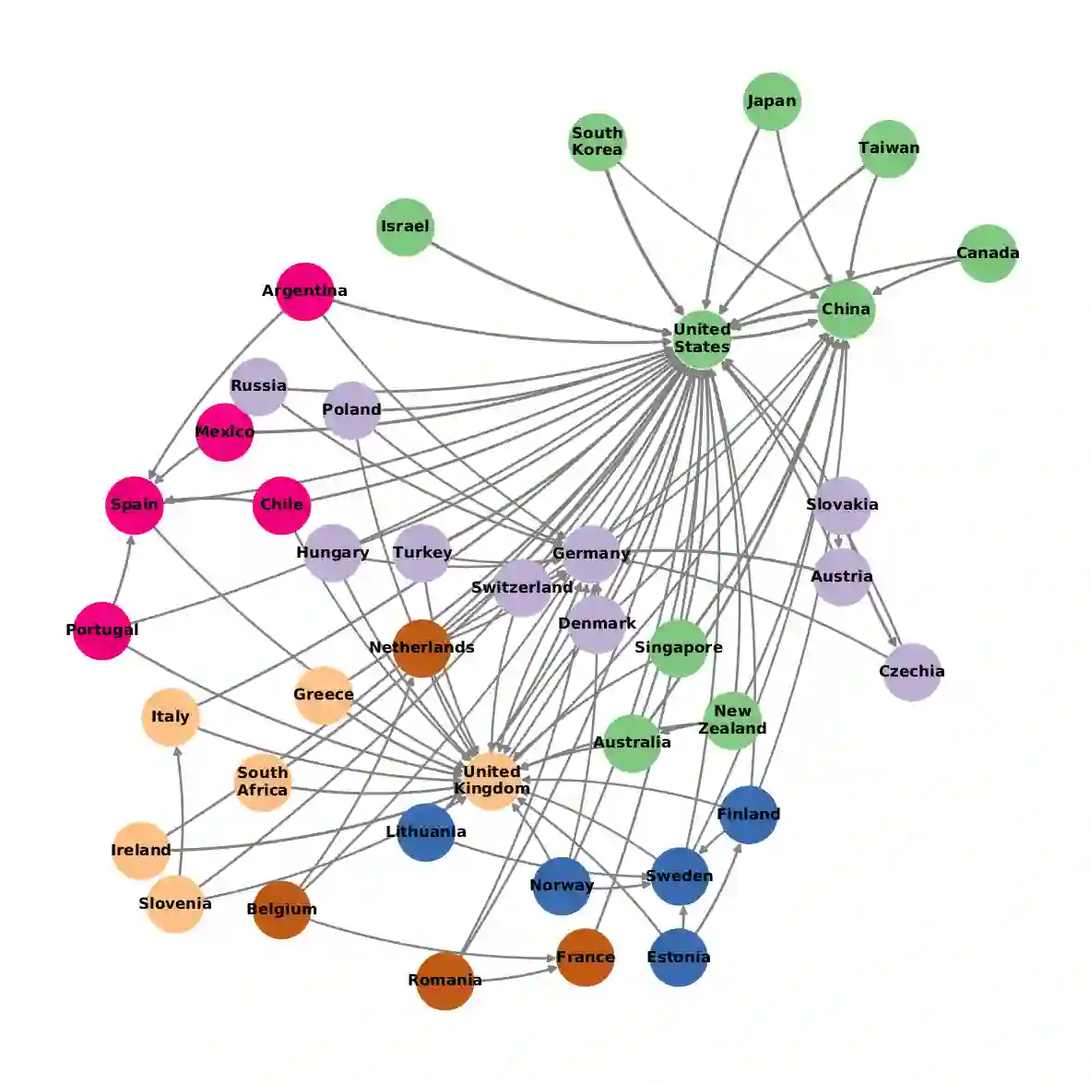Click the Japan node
[x=772, y=101]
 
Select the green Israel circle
[x=405, y=227]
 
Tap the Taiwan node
[x=889, y=148]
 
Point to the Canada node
[x=988, y=253]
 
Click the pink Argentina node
[x=304, y=291]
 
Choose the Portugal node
[x=102, y=630]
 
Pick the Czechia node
[x=911, y=672]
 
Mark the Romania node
[x=444, y=981]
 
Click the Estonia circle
[x=679, y=958]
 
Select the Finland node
[x=748, y=815]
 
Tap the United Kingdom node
[x=492, y=781]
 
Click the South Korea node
[x=597, y=142]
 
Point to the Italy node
[x=171, y=717]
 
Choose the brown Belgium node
[x=281, y=910]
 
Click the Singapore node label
[x=678, y=647]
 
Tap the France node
[x=585, y=958]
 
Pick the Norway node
[x=562, y=886]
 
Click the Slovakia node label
[x=842, y=504]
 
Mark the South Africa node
[x=263, y=782]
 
